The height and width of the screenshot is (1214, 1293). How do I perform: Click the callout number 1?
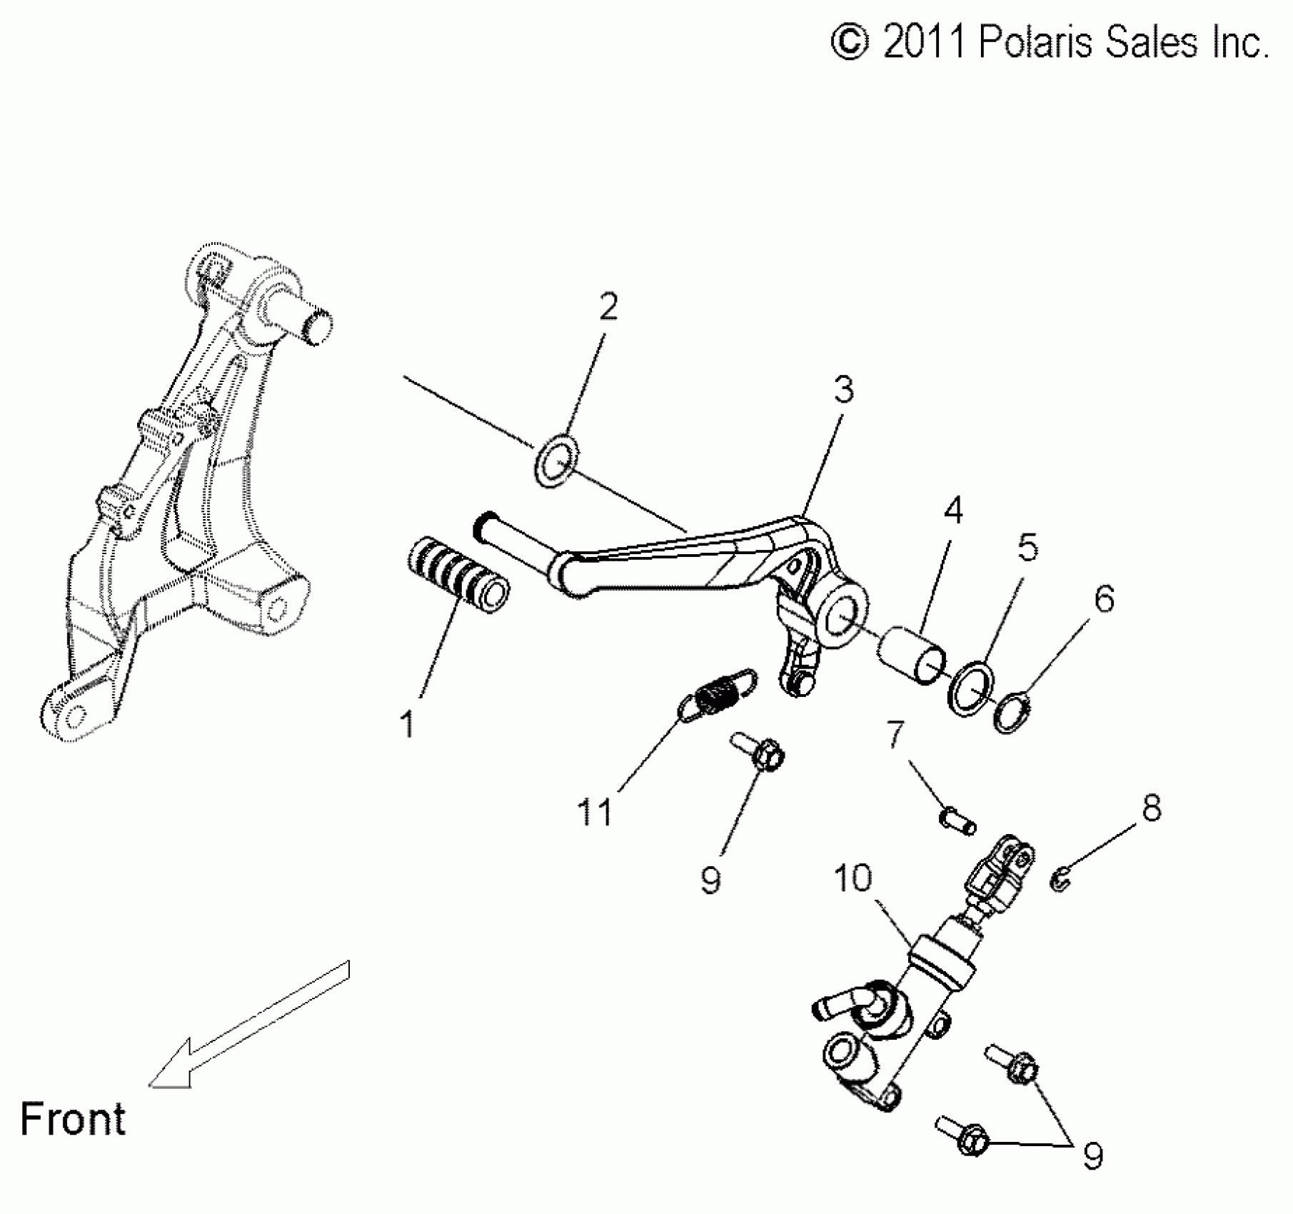408,725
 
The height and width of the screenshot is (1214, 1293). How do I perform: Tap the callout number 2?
608,306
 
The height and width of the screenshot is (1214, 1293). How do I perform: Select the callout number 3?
844,390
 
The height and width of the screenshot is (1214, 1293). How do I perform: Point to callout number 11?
595,812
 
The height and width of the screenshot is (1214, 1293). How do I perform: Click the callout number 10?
853,878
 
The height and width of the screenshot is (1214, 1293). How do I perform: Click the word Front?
73,1118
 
